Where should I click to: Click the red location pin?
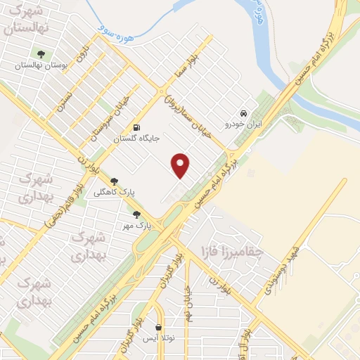(181, 165)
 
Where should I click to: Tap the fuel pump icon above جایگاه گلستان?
(136, 127)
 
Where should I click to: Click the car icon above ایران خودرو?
(243, 113)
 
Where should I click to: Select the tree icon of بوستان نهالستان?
(41, 53)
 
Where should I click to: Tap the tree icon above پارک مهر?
(136, 214)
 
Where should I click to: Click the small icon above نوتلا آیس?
(158, 328)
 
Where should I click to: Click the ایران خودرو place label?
(243, 124)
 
